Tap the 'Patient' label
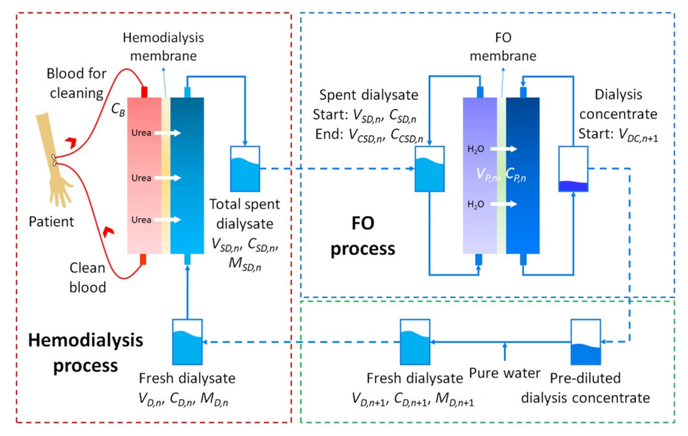tap(51, 222)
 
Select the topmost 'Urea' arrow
tap(168, 133)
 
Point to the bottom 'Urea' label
tap(141, 220)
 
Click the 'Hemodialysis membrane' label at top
tap(163, 47)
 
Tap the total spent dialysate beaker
tap(245, 169)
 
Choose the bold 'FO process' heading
tap(363, 236)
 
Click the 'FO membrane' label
tap(503, 47)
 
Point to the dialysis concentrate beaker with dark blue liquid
tap(573, 169)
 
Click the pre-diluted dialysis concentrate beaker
tap(585, 342)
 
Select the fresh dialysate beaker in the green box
tap(415, 342)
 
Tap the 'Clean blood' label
tap(87, 277)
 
